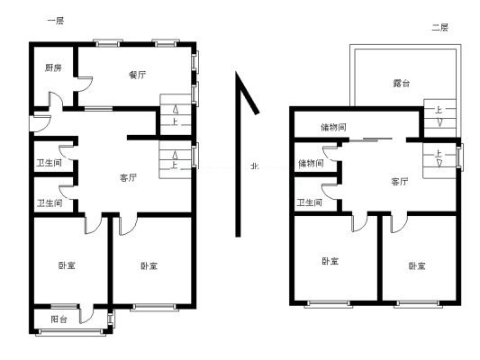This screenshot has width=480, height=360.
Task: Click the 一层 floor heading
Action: (56, 21)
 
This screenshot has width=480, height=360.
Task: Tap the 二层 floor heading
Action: (439, 28)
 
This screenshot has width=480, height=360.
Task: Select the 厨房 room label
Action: (53, 67)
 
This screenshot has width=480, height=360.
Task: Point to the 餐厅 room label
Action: (138, 75)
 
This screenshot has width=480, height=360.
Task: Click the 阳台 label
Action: (59, 319)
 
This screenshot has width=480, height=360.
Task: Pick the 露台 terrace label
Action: (401, 83)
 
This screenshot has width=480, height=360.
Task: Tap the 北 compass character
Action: (254, 166)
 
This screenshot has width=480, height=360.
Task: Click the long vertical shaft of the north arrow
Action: (238, 155)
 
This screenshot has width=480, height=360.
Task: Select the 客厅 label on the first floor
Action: (128, 177)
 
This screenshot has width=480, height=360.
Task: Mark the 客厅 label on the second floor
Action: (400, 182)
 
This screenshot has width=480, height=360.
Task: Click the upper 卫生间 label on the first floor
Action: (49, 163)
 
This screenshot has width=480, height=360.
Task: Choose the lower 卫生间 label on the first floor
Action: (50, 202)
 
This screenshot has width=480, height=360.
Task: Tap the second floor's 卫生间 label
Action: (309, 202)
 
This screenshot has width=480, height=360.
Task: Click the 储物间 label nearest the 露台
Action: (334, 127)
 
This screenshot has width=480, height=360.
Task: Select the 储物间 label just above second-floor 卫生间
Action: (311, 163)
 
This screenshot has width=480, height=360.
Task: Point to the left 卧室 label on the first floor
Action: (67, 265)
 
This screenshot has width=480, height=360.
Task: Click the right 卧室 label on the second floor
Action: (417, 265)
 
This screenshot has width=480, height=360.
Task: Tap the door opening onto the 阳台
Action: (86, 314)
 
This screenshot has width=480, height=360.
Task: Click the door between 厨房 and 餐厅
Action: (83, 84)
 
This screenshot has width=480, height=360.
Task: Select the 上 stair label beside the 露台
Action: (439, 110)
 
